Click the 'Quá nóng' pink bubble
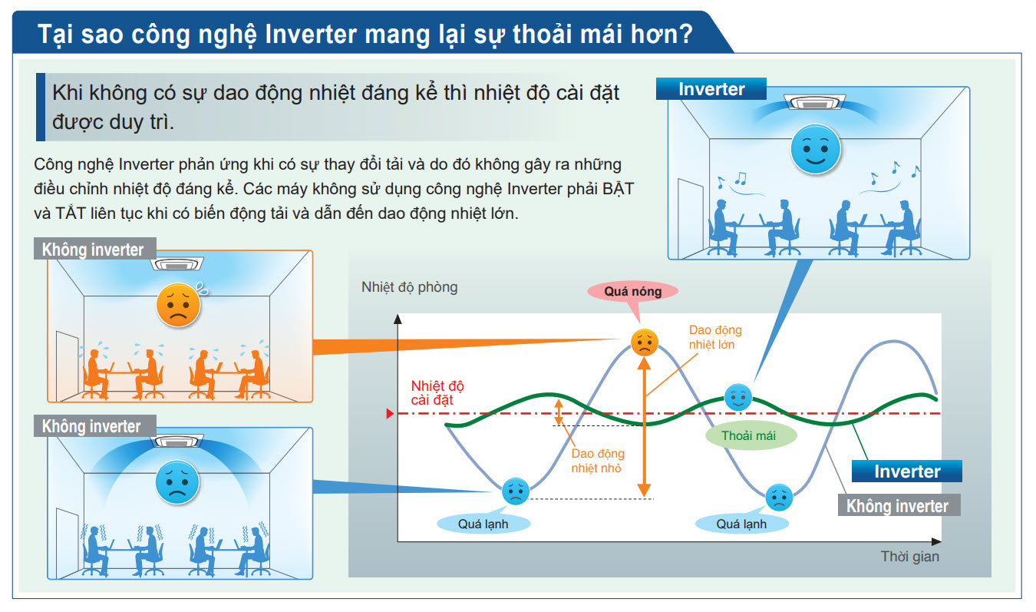tap(632, 291)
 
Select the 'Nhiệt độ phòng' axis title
tap(409, 287)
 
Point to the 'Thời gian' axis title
tap(909, 557)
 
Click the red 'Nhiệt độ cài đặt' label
tap(437, 392)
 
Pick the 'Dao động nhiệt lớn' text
tap(714, 337)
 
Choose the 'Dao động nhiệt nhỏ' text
tap(597, 461)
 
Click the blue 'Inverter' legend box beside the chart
tap(907, 471)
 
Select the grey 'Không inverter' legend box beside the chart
tap(897, 506)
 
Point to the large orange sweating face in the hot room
tap(179, 305)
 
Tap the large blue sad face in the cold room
tap(177, 482)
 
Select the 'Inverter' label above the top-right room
tap(711, 89)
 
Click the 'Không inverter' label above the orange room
tap(93, 250)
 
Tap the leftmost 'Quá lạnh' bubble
tap(483, 524)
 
